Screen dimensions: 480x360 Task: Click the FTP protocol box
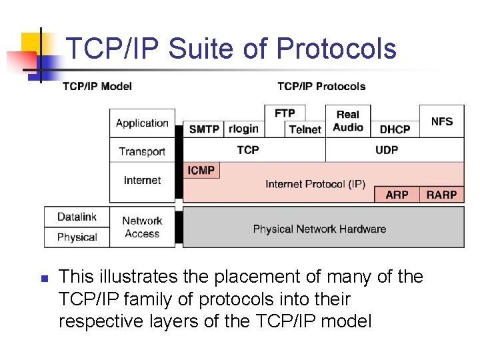coord(285,113)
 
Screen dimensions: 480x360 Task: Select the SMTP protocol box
coord(203,129)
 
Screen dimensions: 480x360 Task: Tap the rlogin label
coord(243,129)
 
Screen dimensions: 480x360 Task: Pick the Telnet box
coord(305,129)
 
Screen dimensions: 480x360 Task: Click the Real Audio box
coord(348,121)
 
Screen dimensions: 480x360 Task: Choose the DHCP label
coord(395,129)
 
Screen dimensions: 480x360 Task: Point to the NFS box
coord(441,121)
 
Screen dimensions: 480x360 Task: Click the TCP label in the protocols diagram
coord(248,150)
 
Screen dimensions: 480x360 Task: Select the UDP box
coord(387,150)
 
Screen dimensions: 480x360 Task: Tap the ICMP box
coord(201,171)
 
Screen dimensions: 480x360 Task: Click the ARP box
coord(397,195)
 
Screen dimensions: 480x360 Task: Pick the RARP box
coord(441,195)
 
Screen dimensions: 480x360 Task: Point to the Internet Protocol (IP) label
coord(315,184)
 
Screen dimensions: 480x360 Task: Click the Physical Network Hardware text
coord(319,229)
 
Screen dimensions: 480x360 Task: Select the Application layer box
coord(142,123)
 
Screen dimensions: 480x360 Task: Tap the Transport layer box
coord(142,151)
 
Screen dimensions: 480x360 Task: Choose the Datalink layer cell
coord(77,217)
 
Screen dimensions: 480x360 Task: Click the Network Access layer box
coord(142,227)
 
